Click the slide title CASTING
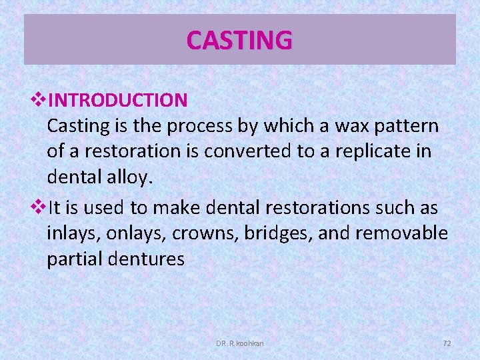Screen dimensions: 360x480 coord(239,40)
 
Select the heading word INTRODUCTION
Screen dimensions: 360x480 coord(118,101)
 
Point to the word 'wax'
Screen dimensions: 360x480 coord(343,126)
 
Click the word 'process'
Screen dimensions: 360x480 coord(198,126)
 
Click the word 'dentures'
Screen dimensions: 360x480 coord(148,259)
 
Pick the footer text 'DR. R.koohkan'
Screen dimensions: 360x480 coord(240,343)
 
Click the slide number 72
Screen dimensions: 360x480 coord(447,343)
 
